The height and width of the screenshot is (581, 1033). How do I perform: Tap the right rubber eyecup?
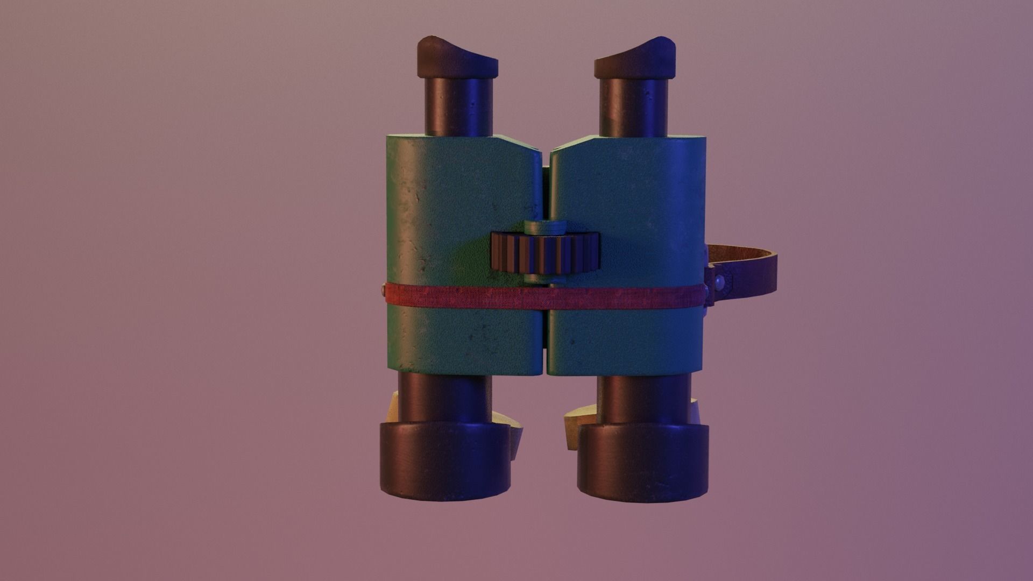pos(635,58)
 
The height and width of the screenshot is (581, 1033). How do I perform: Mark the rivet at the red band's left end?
pos(381,290)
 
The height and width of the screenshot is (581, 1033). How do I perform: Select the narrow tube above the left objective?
pos(445,397)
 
